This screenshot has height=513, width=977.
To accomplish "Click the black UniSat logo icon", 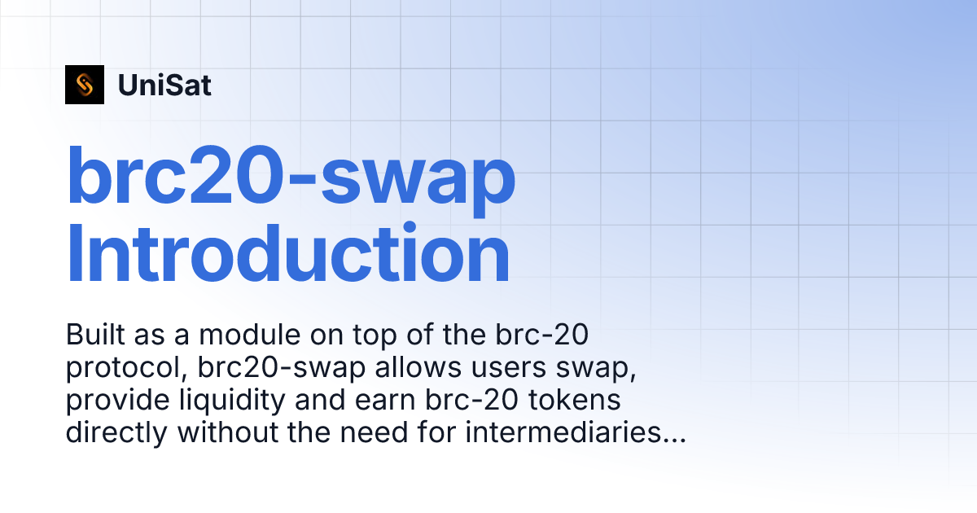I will coord(85,85).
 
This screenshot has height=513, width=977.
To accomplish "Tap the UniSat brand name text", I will coord(164,85).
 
